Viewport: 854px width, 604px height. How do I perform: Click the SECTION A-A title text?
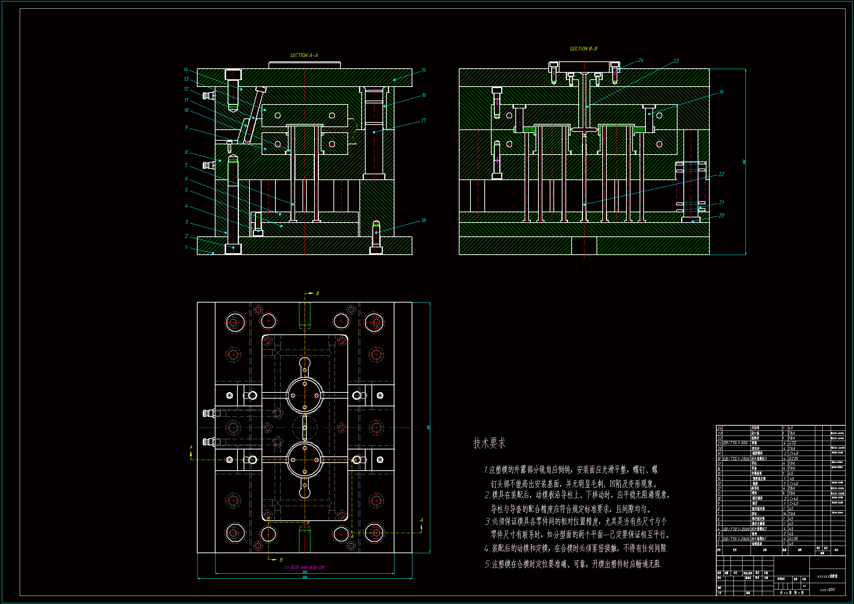(x=304, y=56)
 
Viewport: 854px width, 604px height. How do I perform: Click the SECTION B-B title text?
(x=583, y=49)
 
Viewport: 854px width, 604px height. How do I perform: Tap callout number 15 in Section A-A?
(x=423, y=70)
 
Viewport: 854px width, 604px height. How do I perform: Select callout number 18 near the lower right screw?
(x=423, y=220)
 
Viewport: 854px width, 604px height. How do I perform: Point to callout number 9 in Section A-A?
(x=186, y=127)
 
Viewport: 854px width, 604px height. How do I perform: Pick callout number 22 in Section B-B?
(x=721, y=174)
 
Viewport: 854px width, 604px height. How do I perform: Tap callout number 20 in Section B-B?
(x=721, y=216)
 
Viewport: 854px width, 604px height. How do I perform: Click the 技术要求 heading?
(x=489, y=443)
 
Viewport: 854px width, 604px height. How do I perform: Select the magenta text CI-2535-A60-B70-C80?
(x=304, y=567)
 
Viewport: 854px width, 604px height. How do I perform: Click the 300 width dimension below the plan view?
(x=305, y=577)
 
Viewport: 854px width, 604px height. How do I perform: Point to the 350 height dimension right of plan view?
(x=428, y=428)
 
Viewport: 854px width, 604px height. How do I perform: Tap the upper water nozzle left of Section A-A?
(x=209, y=96)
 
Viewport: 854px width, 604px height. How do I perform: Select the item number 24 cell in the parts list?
(x=719, y=428)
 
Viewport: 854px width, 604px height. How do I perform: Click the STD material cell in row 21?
(x=792, y=443)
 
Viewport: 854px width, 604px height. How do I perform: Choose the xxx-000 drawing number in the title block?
(x=827, y=589)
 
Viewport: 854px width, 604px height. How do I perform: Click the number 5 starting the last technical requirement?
(x=487, y=565)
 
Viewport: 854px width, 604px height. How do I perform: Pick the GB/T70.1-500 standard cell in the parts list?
(x=735, y=443)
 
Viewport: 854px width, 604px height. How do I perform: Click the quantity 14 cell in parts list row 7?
(x=785, y=514)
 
